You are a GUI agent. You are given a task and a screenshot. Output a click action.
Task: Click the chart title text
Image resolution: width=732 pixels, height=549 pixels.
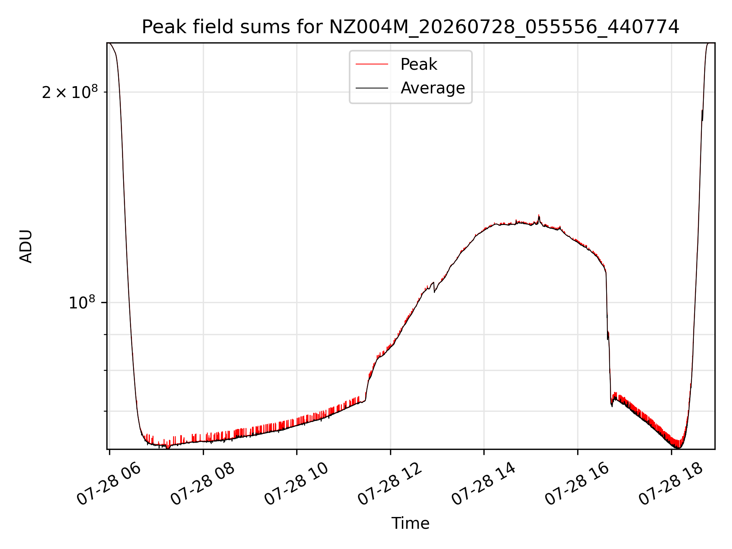click(x=411, y=27)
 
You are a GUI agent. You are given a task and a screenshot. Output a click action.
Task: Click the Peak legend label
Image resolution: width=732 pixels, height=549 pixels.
click(x=419, y=64)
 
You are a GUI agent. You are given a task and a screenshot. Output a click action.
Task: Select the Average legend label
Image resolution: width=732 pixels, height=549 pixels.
click(x=433, y=88)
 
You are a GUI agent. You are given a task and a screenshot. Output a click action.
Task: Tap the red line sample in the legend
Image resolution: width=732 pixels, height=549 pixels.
click(x=372, y=64)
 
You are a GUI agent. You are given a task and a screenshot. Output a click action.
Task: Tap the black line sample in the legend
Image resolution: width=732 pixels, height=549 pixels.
click(x=372, y=88)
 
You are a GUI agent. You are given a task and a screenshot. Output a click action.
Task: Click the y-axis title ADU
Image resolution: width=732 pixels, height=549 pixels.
click(x=26, y=246)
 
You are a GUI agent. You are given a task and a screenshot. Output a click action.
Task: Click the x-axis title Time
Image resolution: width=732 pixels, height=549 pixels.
click(x=411, y=523)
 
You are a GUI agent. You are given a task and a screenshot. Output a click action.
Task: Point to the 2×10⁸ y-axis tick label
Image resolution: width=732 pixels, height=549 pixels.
click(x=70, y=92)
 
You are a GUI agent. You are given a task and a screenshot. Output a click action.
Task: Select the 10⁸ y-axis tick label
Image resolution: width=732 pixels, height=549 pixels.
click(x=82, y=303)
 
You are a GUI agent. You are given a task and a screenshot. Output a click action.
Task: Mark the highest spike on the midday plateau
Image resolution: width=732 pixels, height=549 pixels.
click(x=539, y=215)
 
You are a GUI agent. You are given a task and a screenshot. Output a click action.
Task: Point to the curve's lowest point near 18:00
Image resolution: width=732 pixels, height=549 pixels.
click(x=679, y=448)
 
